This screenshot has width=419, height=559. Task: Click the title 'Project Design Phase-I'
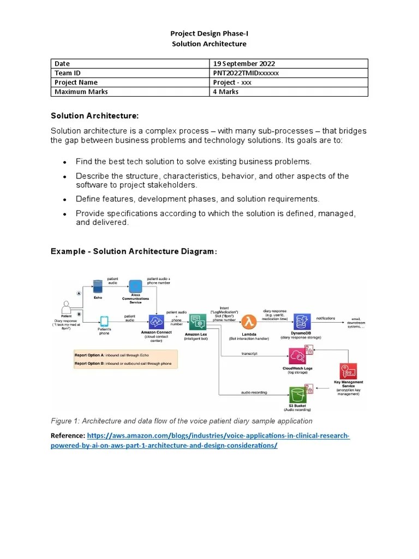209,34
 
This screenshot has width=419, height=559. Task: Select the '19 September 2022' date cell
238,64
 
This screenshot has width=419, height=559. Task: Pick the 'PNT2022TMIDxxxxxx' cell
246,73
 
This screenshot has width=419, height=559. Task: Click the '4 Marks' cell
226,92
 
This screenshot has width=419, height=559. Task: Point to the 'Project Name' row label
76,82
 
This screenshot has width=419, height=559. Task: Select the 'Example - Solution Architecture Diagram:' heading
134,251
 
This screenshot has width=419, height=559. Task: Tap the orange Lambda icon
250,320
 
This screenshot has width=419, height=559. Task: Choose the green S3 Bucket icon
297,394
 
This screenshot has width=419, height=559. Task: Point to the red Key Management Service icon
348,372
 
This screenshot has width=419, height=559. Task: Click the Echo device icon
98,286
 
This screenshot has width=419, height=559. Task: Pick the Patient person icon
67,306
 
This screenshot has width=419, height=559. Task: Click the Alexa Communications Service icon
135,286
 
